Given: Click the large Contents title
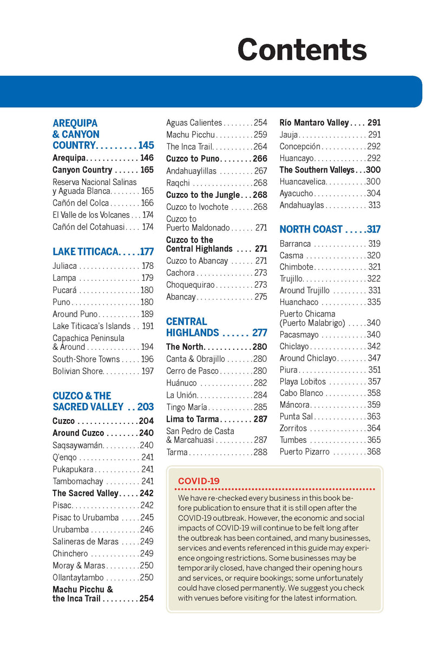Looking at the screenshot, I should pos(301,50).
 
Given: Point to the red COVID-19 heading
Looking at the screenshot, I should pos(199,481).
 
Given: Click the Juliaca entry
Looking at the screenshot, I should pos(65,266).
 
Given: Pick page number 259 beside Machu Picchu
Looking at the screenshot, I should pos(260,135).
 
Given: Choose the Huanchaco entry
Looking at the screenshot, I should pos(299,302).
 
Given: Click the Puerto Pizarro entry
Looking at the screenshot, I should pos(304,452).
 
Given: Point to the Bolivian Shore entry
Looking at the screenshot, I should pos(77,371).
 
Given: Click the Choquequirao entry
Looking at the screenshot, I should pos(191,285).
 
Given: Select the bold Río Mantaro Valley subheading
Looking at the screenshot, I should pos(314,123).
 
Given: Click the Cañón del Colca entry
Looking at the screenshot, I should pos(81,203).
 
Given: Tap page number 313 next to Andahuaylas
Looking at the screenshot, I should pos(374,205).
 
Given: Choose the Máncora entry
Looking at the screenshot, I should pos(294,404).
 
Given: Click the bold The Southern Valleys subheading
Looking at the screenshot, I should pos(317,170).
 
